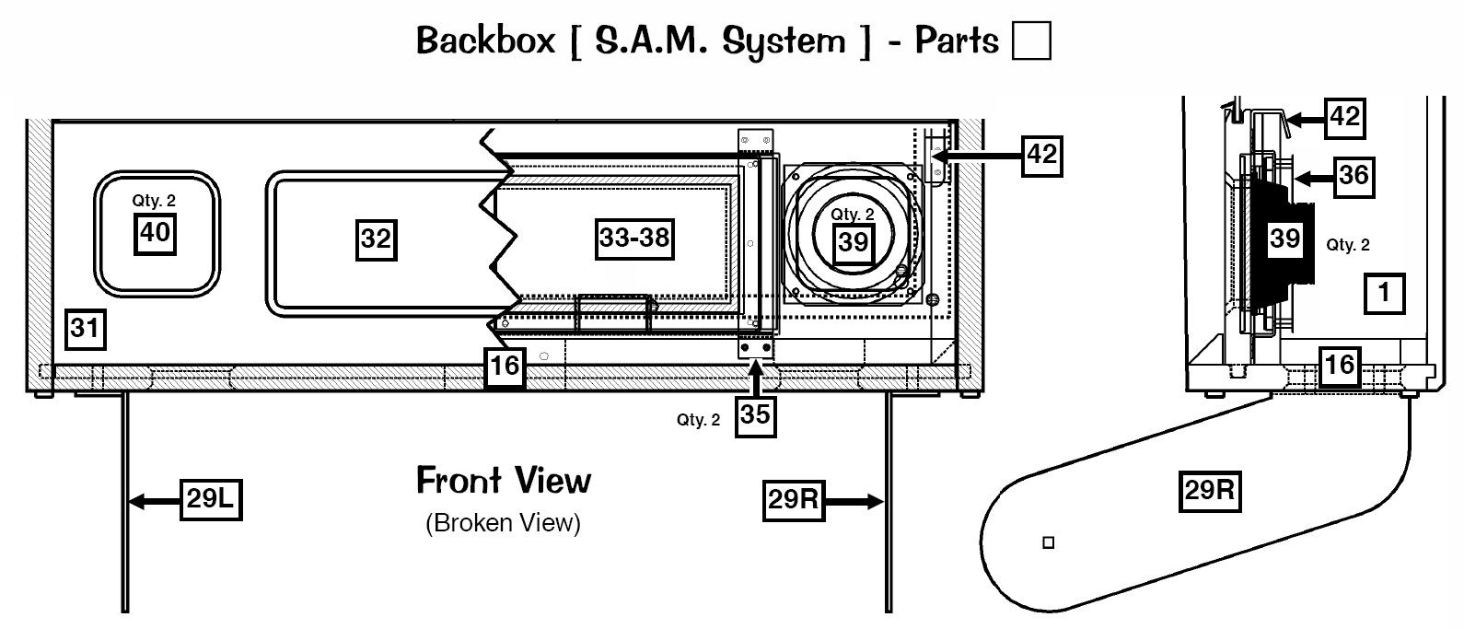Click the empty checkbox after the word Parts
click(x=1031, y=41)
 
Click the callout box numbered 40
click(x=155, y=232)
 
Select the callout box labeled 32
click(x=376, y=240)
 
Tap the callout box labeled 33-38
click(x=634, y=239)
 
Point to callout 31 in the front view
click(x=85, y=327)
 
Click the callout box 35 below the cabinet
click(x=755, y=415)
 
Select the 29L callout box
click(x=210, y=501)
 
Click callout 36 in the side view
click(x=1354, y=174)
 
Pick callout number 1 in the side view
click(x=1383, y=295)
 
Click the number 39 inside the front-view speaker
click(x=853, y=242)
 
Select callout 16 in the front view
click(x=505, y=367)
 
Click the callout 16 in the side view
click(x=1340, y=364)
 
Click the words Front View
click(x=504, y=480)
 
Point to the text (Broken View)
click(x=504, y=523)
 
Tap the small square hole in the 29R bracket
click(x=1047, y=542)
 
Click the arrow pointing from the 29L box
click(x=152, y=502)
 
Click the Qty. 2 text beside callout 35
click(x=698, y=421)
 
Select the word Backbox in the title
click(x=486, y=41)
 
